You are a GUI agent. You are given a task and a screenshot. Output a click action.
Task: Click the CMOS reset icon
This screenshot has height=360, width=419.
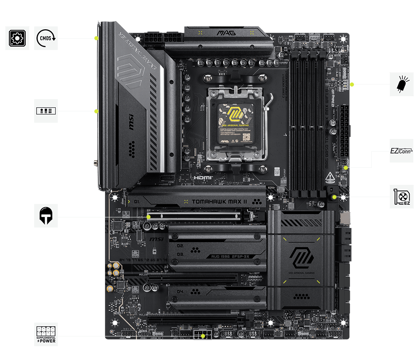(x=46, y=38)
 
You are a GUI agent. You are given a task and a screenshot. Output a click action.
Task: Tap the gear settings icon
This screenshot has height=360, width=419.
(x=17, y=38)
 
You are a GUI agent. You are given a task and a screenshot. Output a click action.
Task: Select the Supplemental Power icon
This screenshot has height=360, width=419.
(x=46, y=334)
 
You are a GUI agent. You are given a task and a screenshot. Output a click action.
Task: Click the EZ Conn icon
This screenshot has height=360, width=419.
(x=401, y=151)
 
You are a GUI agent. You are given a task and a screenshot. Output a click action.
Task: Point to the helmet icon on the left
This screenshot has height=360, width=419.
(x=46, y=215)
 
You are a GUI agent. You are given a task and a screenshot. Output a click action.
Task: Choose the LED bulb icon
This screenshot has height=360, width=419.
(x=402, y=85)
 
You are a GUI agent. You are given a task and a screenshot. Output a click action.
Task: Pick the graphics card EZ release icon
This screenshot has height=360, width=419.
(x=402, y=197)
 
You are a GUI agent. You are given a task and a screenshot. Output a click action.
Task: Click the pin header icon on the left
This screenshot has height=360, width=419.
(x=46, y=111)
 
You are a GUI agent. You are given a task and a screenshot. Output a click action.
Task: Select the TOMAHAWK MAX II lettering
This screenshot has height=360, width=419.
(x=220, y=201)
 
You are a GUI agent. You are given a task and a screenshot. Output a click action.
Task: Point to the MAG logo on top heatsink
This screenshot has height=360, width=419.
(x=226, y=33)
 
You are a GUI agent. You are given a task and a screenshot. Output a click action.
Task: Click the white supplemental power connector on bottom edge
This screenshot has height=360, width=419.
(x=201, y=335)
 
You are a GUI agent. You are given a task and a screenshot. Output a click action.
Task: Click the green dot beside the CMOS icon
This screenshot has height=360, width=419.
(x=96, y=38)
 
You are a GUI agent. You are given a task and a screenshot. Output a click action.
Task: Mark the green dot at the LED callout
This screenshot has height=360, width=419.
(x=352, y=85)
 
